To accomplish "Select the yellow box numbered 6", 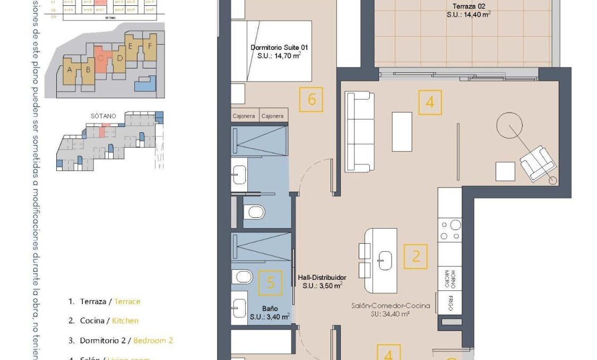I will pos(312,99).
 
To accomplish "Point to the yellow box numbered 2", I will pos(416,256).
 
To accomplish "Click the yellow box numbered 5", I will pos(271,282).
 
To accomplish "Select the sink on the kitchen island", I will pos(385,260).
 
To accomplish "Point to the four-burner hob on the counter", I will pos(449,230).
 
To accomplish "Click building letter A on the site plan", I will pos(69,69).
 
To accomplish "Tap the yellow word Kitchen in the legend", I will pos(125,321).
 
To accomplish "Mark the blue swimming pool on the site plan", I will pos(144,83).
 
